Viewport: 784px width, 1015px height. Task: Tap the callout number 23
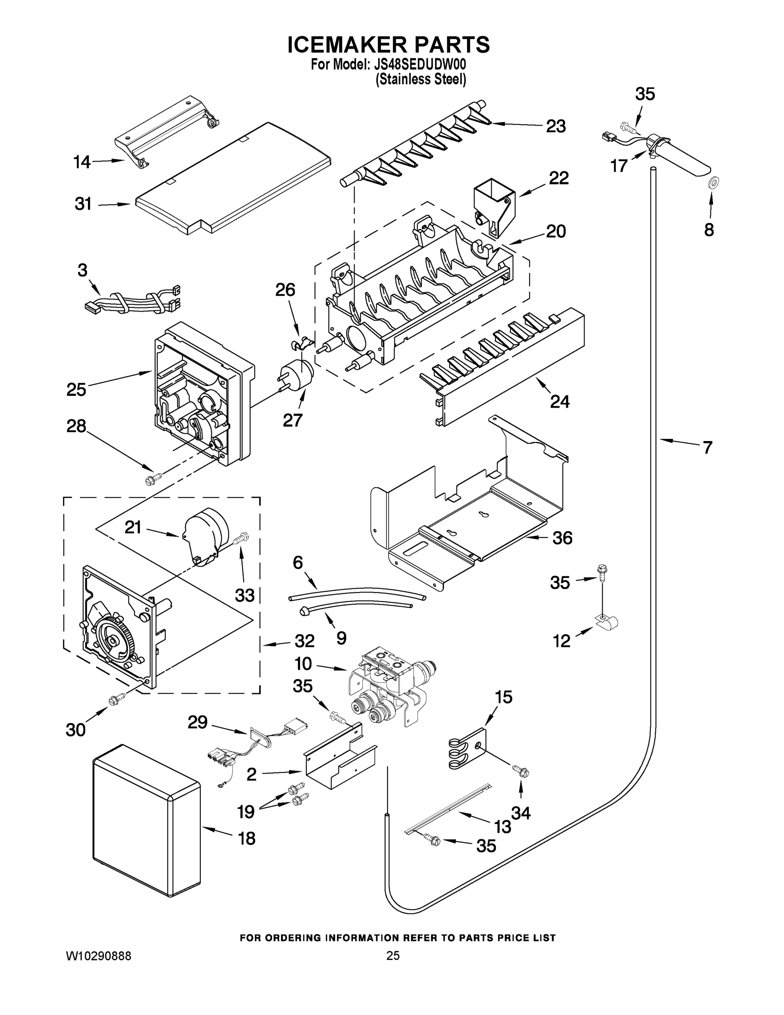coord(555,126)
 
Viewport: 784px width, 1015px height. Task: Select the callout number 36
coord(562,538)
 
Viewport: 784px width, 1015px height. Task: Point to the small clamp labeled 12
coord(607,621)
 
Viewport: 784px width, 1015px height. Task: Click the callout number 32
coord(304,641)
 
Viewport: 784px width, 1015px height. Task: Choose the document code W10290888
coord(98,955)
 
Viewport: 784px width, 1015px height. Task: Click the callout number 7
coord(707,447)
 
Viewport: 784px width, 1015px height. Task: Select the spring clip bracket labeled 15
coord(467,748)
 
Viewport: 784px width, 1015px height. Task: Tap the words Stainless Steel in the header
coord(421,80)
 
